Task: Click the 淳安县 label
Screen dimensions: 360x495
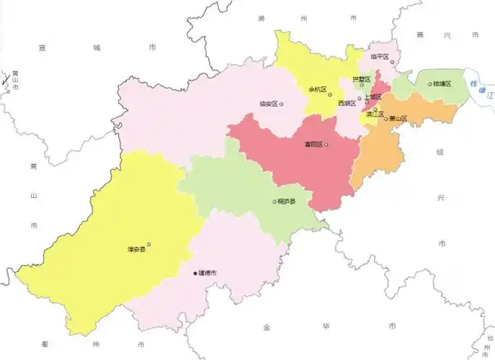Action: pyautogui.click(x=136, y=250)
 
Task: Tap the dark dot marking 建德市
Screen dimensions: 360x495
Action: pyautogui.click(x=195, y=273)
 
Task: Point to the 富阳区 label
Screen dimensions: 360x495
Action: pyautogui.click(x=313, y=145)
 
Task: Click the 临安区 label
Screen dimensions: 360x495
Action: pyautogui.click(x=268, y=104)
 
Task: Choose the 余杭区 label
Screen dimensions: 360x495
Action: pyautogui.click(x=317, y=90)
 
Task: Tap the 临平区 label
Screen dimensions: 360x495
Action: pyautogui.click(x=379, y=56)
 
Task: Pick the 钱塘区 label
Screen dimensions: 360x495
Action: pyautogui.click(x=442, y=84)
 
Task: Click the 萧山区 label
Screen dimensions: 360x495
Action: pyautogui.click(x=398, y=119)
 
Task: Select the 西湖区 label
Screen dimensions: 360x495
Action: pyautogui.click(x=347, y=104)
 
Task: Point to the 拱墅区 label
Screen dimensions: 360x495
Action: pyautogui.click(x=361, y=79)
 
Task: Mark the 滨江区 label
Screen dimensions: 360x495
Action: pyautogui.click(x=374, y=114)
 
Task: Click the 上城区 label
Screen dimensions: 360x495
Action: pyautogui.click(x=372, y=96)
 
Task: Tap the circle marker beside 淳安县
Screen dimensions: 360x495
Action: pyautogui.click(x=148, y=244)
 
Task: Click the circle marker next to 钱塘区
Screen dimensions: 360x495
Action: pyautogui.click(x=430, y=84)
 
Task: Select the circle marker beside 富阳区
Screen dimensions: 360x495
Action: pyautogui.click(x=326, y=145)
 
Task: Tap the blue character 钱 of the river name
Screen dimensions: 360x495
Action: pyautogui.click(x=473, y=84)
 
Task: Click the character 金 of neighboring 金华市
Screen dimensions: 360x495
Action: pyautogui.click(x=266, y=328)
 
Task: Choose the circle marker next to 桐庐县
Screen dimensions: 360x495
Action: pyautogui.click(x=274, y=202)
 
